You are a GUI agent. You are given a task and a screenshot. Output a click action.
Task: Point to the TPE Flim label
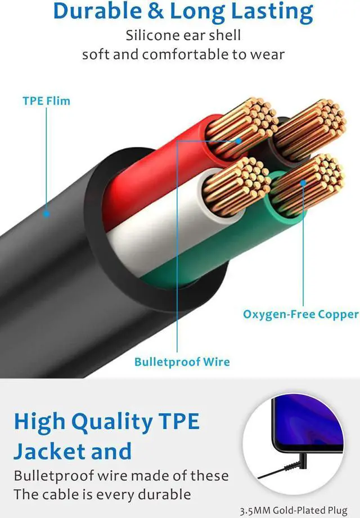pyautogui.click(x=46, y=101)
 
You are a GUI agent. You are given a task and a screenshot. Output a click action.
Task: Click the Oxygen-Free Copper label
pyautogui.click(x=300, y=314)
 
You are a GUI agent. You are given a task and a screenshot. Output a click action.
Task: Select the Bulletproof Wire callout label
pyautogui.click(x=182, y=361)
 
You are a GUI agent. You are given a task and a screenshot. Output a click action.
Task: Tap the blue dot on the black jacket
pyautogui.click(x=46, y=213)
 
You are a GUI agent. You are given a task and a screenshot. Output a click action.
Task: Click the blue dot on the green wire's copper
pyautogui.click(x=303, y=182)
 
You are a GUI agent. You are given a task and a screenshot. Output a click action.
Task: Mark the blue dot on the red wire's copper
pyautogui.click(x=238, y=140)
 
